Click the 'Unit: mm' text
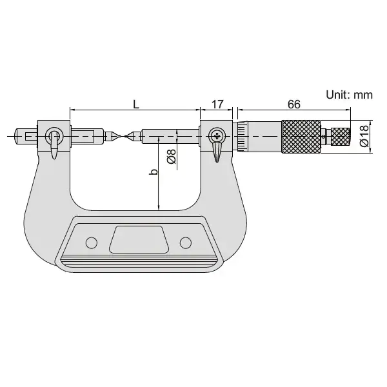(349, 95)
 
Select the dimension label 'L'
(136, 104)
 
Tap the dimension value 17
(217, 104)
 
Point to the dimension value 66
(294, 104)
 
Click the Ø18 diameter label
(365, 136)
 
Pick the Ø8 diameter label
(172, 157)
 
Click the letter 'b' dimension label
(154, 172)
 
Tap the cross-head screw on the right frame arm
(217, 135)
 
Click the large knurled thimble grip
(301, 137)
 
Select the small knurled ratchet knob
(340, 137)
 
